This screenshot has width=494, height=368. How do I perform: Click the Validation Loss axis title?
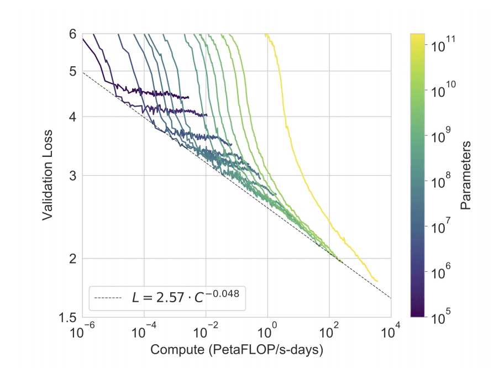coord(48,175)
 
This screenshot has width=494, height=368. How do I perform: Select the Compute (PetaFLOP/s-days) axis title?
coord(237,350)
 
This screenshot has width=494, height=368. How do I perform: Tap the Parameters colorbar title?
coord(466,175)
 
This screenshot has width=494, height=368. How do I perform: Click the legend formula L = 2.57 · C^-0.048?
coord(185,297)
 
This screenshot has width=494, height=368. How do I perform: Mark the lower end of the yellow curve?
coord(377,281)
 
